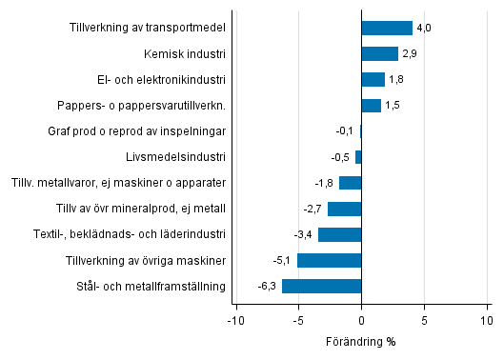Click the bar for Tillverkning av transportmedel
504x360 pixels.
coord(387,29)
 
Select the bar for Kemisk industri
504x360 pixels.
coord(379,54)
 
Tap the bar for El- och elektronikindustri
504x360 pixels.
coord(373,80)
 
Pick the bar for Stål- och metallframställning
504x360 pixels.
coord(322,286)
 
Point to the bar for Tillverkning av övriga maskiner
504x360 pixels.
coord(330,260)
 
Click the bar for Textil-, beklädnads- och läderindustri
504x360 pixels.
coord(340,234)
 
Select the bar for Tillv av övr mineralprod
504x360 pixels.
coord(345,209)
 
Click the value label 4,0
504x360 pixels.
coord(424,29)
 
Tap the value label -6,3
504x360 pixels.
coord(268,286)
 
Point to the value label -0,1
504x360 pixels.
coord(345,131)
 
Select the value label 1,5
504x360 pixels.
coord(393,106)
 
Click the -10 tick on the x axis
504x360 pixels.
coord(233,321)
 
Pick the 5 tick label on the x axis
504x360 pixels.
coord(425,321)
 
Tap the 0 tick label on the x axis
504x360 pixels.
coord(362,321)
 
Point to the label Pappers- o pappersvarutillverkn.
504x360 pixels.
coord(149,106)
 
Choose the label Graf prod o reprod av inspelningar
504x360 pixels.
coord(136,131)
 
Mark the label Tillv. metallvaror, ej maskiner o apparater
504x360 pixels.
coord(118,183)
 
